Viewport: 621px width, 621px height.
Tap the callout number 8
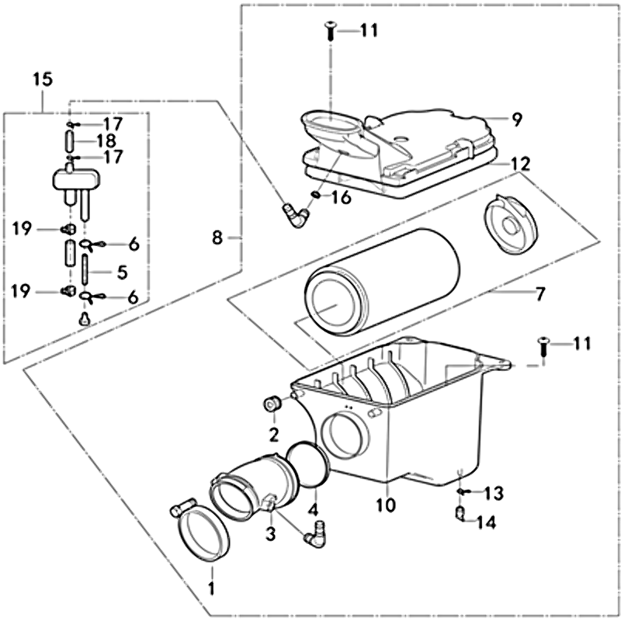[217, 238]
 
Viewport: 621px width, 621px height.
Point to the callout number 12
[519, 164]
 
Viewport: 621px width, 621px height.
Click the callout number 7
[539, 295]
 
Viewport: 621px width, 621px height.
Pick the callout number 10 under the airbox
[386, 505]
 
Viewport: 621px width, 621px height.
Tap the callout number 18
[106, 141]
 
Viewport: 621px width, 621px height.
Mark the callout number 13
[493, 493]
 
